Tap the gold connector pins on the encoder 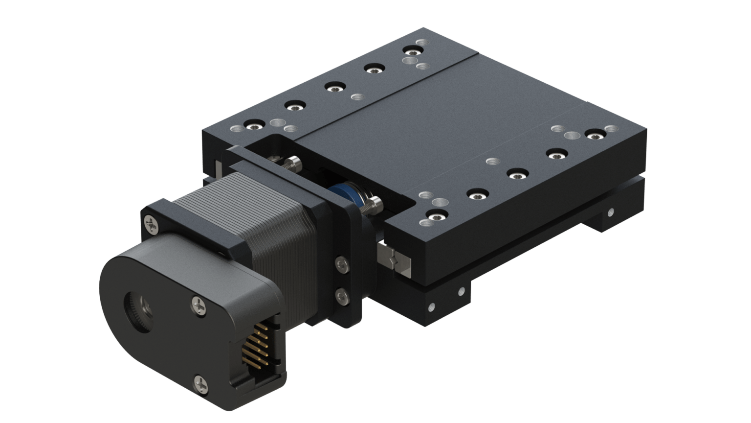point(255,342)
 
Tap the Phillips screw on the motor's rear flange point(151,224)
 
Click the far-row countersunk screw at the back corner point(411,51)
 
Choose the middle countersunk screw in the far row point(334,88)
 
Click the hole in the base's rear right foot point(611,212)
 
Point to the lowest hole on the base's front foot point(431,308)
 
